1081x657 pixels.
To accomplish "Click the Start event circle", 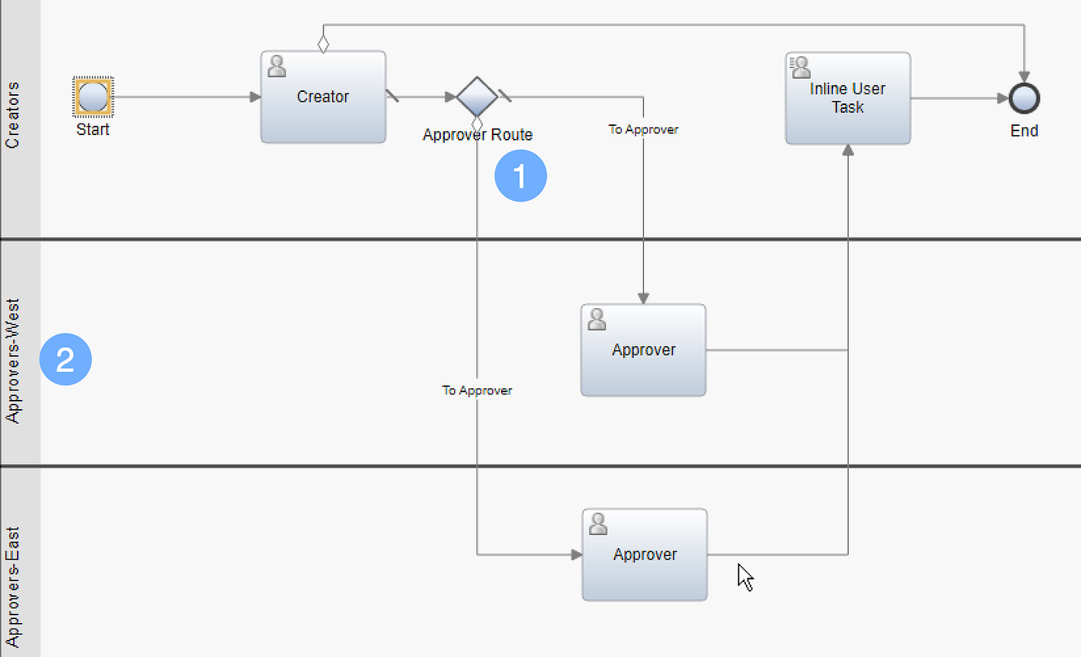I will point(93,97).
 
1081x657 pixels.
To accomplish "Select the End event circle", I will point(1024,98).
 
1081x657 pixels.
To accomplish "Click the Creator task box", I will point(323,97).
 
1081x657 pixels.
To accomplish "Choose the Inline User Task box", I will point(847,98).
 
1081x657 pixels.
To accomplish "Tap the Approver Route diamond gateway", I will point(476,97).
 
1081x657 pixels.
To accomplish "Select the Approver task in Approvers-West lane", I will point(643,350).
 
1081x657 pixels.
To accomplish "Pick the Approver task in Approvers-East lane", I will point(644,554).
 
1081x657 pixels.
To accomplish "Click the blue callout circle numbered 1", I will point(520,176).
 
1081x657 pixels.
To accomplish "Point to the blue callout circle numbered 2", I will point(66,360).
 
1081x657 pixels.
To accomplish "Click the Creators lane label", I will point(13,116).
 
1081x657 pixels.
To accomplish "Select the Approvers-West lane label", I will point(13,360).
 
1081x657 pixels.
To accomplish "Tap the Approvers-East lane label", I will point(13,587).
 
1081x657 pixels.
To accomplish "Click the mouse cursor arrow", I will point(744,576).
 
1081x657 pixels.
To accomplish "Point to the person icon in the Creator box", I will point(276,66).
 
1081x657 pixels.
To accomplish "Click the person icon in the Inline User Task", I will point(801,67).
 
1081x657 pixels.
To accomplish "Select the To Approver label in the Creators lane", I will point(643,130).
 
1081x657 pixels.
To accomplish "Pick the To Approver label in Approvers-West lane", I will point(476,391).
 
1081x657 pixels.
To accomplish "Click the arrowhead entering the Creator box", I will point(255,97).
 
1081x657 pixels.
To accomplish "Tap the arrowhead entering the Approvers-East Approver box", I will point(576,554).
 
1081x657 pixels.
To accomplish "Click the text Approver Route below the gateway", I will point(477,135).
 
